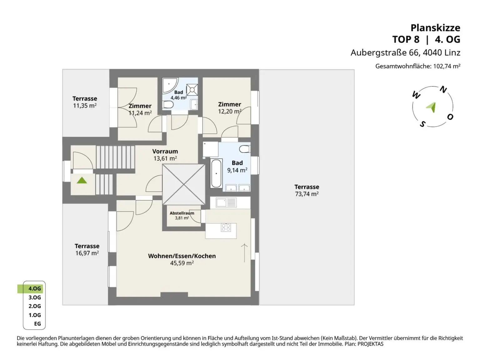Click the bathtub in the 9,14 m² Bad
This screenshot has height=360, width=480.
click(x=216, y=173)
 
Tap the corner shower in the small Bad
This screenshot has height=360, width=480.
click(x=169, y=85)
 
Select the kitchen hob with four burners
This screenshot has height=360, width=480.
click(x=226, y=227)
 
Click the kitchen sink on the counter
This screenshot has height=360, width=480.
click(x=221, y=202)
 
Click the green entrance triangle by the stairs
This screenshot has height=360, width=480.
click(x=82, y=180)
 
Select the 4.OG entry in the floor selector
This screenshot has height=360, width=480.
click(x=34, y=288)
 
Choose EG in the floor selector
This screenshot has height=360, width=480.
click(x=37, y=324)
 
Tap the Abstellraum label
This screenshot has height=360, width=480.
click(x=182, y=213)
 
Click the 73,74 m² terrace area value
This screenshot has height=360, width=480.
click(x=307, y=194)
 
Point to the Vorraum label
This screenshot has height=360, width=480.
click(x=165, y=152)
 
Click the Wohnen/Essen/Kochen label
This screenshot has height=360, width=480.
click(x=182, y=256)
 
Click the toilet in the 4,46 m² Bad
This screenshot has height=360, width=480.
click(x=168, y=104)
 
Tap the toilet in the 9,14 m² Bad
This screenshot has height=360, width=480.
click(x=245, y=149)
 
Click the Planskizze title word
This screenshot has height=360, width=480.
click(x=435, y=28)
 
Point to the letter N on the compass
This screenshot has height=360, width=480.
click(x=443, y=90)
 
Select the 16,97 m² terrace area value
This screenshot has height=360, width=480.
click(x=87, y=253)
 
